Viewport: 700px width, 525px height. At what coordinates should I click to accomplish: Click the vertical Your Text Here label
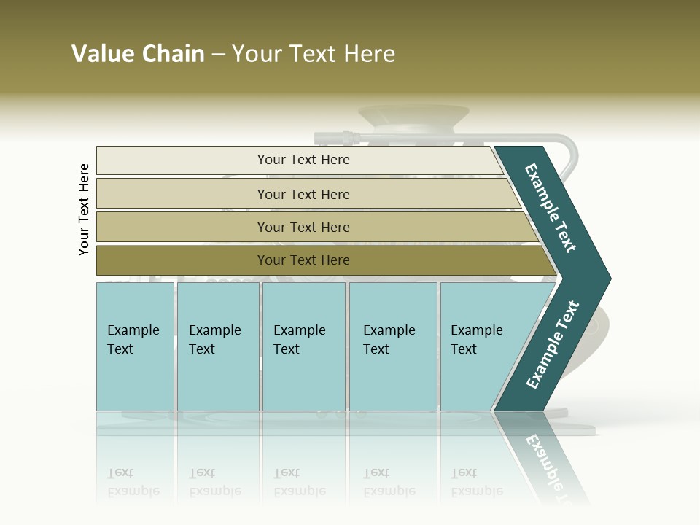(x=84, y=209)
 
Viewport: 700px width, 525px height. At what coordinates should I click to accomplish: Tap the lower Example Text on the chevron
(x=552, y=345)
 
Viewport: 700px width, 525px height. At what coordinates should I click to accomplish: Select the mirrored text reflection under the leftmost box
(x=133, y=482)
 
